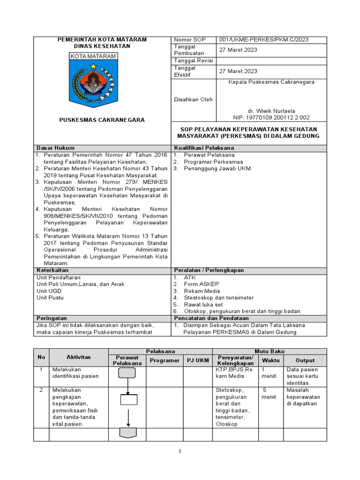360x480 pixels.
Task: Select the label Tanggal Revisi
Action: tap(193, 60)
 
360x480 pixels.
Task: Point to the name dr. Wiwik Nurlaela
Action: tap(271, 111)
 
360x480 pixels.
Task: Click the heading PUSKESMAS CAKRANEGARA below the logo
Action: tap(102, 120)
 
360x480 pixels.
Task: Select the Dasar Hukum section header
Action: tap(55, 148)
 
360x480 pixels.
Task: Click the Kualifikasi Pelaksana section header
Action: tap(204, 148)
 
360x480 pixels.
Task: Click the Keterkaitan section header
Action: tap(52, 270)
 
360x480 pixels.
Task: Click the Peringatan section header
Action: tap(52, 318)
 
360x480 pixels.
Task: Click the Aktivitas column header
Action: tap(78, 357)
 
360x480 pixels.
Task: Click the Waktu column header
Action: tap(270, 360)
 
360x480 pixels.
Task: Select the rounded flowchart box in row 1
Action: tap(127, 373)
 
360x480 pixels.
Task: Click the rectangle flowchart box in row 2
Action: tap(128, 399)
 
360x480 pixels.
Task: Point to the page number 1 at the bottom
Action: tap(180, 452)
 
